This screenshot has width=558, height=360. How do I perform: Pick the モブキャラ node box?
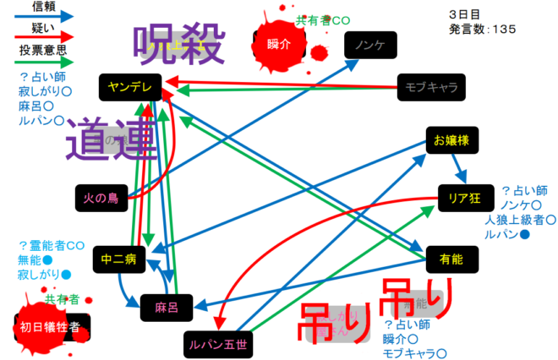click(431, 86)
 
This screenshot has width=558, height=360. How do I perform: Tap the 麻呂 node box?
click(167, 305)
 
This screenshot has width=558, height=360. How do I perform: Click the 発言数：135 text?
click(483, 29)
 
